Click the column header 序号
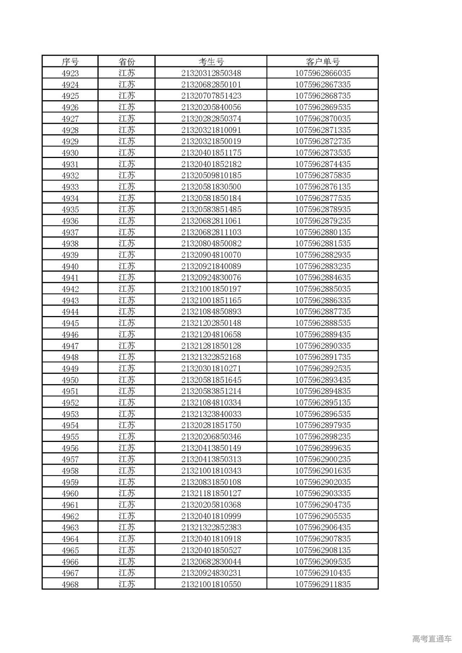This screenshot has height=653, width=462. point(70,62)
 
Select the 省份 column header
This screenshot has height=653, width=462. point(127,62)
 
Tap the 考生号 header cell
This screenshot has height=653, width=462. point(211,62)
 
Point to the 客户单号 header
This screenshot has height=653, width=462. point(323,62)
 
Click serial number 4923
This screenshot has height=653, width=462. point(70,73)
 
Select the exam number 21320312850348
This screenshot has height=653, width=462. point(211,73)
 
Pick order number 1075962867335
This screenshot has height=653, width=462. point(323,85)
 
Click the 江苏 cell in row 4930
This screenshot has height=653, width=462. point(127,153)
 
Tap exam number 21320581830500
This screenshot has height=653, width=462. point(211,187)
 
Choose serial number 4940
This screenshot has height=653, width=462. point(70,266)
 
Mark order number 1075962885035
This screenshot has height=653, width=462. point(323,289)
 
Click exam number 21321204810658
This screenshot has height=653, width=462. point(211,334)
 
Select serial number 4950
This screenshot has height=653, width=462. point(70,380)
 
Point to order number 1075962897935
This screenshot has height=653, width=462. point(323,425)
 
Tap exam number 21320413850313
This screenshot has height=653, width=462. point(211,459)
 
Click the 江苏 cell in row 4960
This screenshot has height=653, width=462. point(127,493)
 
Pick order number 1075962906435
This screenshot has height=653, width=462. point(323,527)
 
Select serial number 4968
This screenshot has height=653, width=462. point(70,584)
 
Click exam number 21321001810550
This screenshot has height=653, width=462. point(211,584)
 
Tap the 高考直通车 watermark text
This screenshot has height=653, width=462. point(432,639)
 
